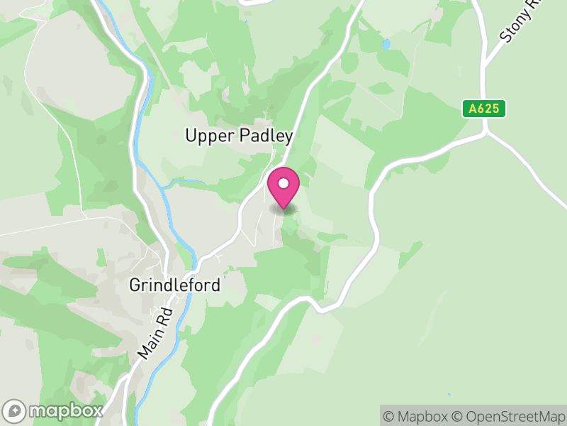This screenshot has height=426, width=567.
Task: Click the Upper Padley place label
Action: click(x=239, y=136)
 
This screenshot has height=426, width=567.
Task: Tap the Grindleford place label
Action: click(x=175, y=285)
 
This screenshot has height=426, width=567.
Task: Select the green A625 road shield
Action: click(x=485, y=109)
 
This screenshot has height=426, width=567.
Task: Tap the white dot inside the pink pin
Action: click(x=283, y=183)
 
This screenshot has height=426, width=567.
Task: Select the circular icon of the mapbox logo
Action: click(x=16, y=410)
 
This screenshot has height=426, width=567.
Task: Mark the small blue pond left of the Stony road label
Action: click(x=386, y=44)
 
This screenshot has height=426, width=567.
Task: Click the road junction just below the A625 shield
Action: click(x=486, y=131)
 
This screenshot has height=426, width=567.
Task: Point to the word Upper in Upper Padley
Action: click(x=205, y=136)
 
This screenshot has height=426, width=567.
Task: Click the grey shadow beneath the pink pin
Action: click(x=283, y=209)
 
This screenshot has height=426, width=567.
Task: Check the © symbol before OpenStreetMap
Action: click(x=457, y=415)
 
